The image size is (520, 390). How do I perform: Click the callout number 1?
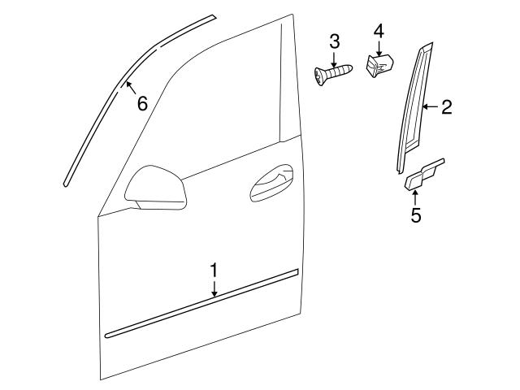[x=214, y=269]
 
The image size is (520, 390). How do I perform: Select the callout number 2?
[x=446, y=106]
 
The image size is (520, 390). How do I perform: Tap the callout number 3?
[x=334, y=41]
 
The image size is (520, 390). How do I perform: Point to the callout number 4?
[x=378, y=32]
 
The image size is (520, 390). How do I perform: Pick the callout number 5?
[x=416, y=216]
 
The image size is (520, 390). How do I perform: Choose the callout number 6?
[x=141, y=103]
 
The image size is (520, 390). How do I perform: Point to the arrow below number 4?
[x=378, y=46]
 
